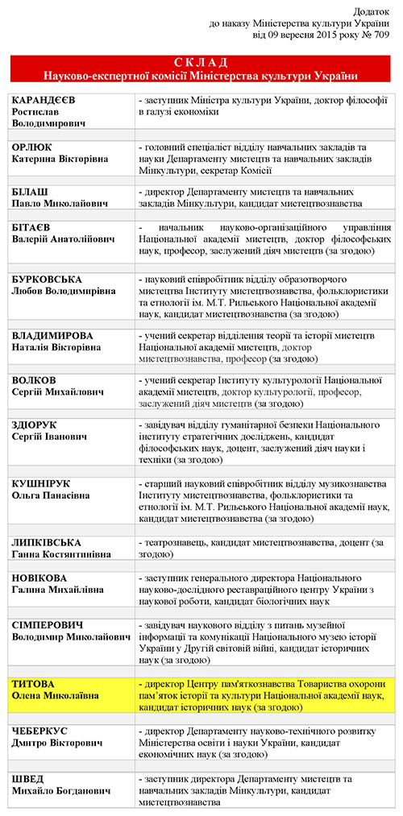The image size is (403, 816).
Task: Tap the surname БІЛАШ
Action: click(x=31, y=193)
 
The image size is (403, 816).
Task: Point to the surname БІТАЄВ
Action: click(x=32, y=229)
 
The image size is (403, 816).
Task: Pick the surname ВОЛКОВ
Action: click(x=35, y=379)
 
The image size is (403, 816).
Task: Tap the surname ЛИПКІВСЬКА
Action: click(x=48, y=543)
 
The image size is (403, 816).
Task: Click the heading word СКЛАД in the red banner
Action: click(x=201, y=62)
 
